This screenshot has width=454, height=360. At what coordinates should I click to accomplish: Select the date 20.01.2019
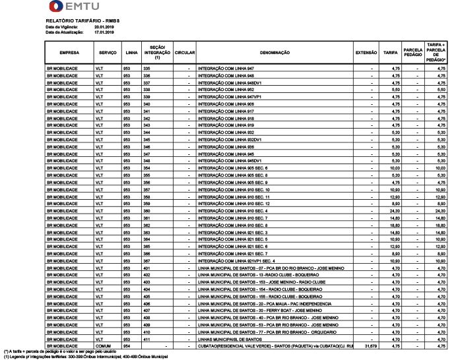(x=104, y=26)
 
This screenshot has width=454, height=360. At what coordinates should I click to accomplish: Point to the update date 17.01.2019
(x=104, y=31)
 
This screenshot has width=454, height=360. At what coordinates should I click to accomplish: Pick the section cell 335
(x=147, y=68)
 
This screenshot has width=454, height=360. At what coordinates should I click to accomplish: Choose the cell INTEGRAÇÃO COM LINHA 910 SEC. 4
(x=231, y=211)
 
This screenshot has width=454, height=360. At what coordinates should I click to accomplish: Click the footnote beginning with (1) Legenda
(x=82, y=357)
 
